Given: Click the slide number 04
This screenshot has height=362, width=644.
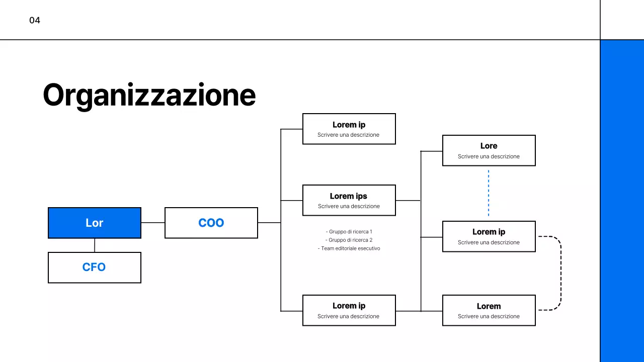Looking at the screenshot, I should (35, 21).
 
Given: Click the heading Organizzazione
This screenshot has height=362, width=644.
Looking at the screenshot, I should (149, 95).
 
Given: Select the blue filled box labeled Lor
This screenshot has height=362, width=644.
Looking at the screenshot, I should (95, 223).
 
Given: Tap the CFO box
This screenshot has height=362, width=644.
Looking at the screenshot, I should (95, 267).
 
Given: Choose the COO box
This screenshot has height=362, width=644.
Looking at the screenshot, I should (211, 223).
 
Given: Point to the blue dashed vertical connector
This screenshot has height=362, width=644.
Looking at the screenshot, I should (489, 193).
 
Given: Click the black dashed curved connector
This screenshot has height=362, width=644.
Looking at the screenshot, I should (560, 273).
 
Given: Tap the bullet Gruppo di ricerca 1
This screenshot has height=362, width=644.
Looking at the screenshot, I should (349, 232).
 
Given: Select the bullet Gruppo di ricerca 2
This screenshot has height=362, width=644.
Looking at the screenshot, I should (349, 240).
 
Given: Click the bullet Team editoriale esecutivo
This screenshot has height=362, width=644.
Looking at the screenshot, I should (349, 248).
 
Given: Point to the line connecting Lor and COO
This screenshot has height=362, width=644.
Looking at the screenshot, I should (153, 222).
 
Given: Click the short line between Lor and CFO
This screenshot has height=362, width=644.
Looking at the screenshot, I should (95, 245).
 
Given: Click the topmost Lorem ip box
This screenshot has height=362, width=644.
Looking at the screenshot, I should (349, 129).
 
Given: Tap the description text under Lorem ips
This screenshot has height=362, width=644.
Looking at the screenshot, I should (349, 206).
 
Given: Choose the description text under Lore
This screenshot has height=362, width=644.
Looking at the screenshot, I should (489, 156).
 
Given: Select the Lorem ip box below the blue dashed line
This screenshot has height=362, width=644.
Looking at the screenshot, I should (489, 236).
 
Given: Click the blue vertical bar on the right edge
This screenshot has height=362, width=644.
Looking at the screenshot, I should (622, 201).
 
